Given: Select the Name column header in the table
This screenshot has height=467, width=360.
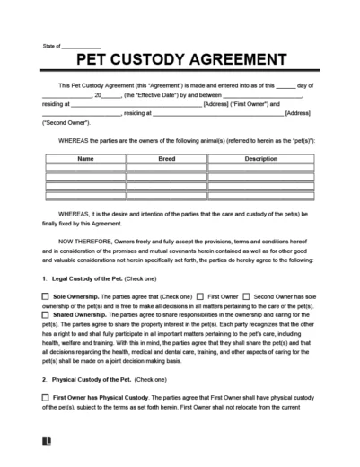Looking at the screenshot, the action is click(85, 158).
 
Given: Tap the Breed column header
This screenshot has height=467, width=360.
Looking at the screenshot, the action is click(167, 158).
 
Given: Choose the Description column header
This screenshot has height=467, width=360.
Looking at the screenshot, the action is click(263, 158).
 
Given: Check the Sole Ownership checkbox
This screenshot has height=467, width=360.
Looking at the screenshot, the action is click(47, 294).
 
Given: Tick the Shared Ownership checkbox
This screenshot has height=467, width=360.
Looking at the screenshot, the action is click(47, 314).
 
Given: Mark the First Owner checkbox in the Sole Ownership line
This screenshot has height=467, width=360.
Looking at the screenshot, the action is click(201, 294).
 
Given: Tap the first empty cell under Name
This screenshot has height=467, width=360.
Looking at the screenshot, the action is click(85, 168).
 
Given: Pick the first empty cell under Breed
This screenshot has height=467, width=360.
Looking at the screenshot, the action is click(167, 168).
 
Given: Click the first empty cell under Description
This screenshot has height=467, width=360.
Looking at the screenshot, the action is click(263, 168).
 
